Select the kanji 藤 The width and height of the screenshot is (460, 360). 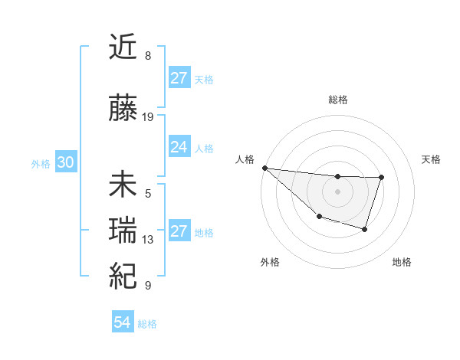[x=123, y=109]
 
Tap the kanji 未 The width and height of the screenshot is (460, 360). [x=123, y=185]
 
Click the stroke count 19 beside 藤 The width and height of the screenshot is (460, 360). [x=148, y=117]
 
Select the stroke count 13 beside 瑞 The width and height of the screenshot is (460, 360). [x=148, y=240]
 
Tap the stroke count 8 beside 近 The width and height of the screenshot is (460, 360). [x=148, y=56]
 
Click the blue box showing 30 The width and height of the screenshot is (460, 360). [x=65, y=163]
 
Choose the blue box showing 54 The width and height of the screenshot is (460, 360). [x=122, y=322]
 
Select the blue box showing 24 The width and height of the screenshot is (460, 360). [x=179, y=147]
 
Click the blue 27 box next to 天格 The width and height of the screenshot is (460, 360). [x=179, y=78]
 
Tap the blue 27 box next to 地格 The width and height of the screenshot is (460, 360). [x=179, y=231]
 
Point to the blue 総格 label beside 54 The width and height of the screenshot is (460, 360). [x=147, y=324]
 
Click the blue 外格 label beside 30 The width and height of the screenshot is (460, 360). [x=41, y=164]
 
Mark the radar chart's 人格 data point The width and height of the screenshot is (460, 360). [x=264, y=168]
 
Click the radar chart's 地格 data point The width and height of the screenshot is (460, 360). [x=365, y=229]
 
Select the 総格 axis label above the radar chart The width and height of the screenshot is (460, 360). [x=337, y=100]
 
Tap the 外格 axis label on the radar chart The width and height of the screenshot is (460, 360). [x=270, y=262]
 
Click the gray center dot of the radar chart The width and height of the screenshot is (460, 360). [x=337, y=191]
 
